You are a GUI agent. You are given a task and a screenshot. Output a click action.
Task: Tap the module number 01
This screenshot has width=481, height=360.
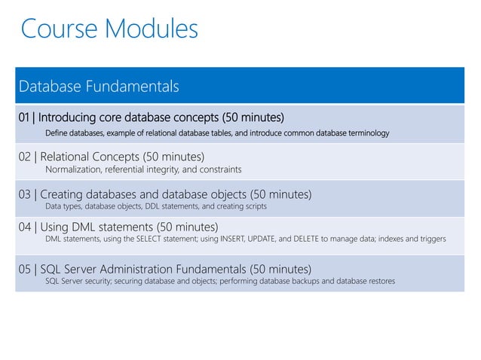26,118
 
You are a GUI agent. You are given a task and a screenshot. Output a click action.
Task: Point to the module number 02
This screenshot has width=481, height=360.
26,157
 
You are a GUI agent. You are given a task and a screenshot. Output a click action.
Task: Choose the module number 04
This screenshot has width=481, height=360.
26,227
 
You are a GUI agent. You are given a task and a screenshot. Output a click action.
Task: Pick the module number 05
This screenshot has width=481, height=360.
26,269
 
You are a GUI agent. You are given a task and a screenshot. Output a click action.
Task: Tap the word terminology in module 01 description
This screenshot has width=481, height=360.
365,133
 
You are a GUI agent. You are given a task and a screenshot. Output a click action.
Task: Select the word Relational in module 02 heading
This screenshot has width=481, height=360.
68,157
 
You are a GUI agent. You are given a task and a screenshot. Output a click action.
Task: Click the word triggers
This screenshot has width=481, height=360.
430,239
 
